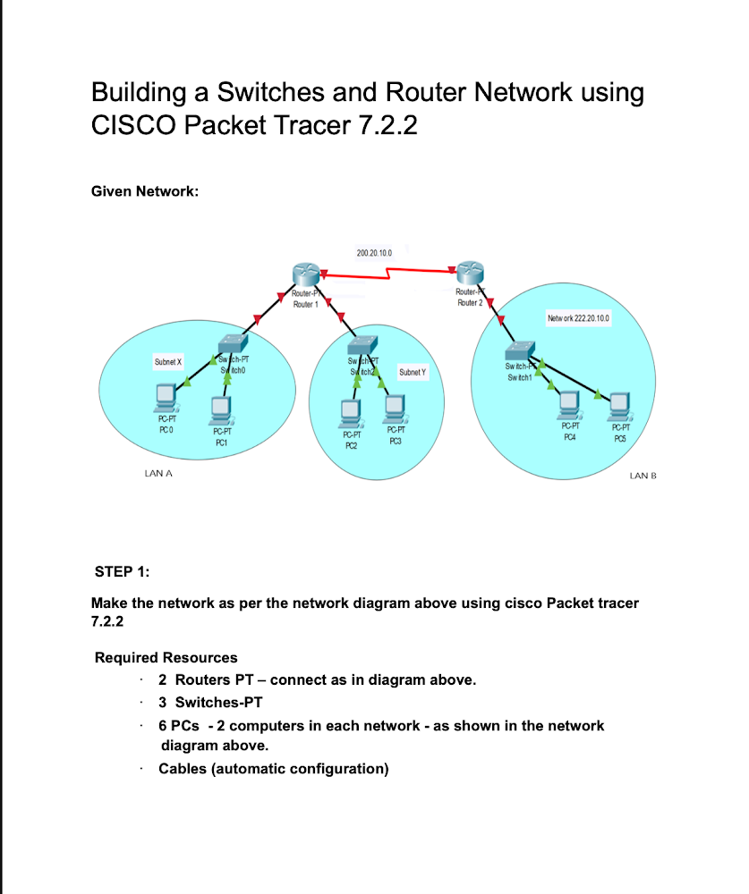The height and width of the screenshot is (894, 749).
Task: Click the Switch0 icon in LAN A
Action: tap(233, 345)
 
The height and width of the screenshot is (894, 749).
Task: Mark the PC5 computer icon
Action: tap(618, 407)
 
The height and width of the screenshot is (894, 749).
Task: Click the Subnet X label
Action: tap(168, 362)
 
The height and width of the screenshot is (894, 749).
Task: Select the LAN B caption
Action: tap(643, 477)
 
